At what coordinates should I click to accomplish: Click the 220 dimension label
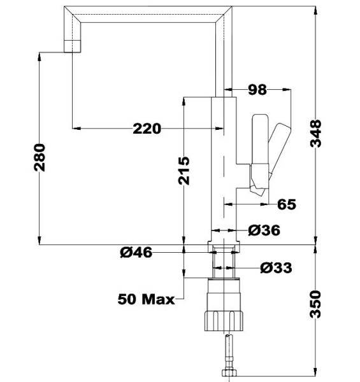pyautogui.click(x=147, y=129)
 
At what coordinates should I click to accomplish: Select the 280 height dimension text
pyautogui.click(x=40, y=158)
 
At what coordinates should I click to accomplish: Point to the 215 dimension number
pyautogui.click(x=184, y=171)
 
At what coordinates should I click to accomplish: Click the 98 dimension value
pyautogui.click(x=257, y=90)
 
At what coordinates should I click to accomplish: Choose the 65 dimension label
pyautogui.click(x=287, y=204)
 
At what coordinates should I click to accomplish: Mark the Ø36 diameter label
pyautogui.click(x=264, y=230)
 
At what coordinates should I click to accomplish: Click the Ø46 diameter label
pyautogui.click(x=135, y=253)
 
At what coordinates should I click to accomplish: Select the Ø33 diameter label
pyautogui.click(x=276, y=268)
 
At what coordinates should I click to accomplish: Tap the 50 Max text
pyautogui.click(x=146, y=299)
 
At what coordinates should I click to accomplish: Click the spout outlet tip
pyautogui.click(x=73, y=46)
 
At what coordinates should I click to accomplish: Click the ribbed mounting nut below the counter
pyautogui.click(x=224, y=313)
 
